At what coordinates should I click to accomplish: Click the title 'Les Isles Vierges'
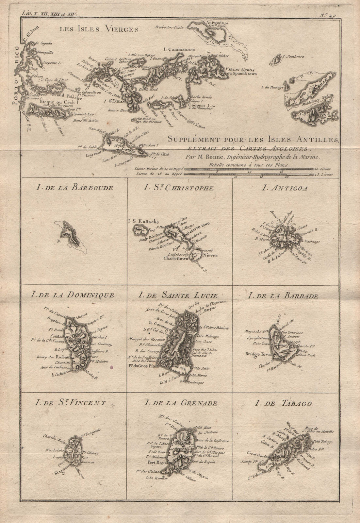(x=98, y=29)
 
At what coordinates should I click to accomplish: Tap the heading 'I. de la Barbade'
(x=283, y=296)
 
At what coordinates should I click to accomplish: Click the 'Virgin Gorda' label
(x=239, y=69)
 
